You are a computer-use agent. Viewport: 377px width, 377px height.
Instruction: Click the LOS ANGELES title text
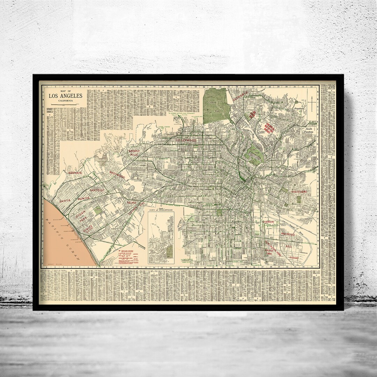[65, 96]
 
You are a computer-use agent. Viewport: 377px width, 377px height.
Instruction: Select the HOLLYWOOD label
[186, 140]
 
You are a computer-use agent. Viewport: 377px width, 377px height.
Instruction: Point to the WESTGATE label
[75, 173]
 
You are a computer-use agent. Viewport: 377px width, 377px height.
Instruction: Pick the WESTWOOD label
[117, 175]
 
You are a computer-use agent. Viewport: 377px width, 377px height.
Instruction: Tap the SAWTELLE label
[97, 190]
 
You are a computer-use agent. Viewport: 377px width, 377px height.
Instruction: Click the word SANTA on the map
[65, 201]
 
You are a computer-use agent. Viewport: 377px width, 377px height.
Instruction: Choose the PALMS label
[131, 203]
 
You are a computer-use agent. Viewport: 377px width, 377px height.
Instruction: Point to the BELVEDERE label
[301, 192]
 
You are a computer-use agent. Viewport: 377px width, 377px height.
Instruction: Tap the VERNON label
[268, 222]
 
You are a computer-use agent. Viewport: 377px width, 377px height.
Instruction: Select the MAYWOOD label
[288, 234]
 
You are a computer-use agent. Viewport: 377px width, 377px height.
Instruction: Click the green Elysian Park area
[255, 155]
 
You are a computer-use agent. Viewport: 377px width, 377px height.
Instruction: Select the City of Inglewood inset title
[161, 211]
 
